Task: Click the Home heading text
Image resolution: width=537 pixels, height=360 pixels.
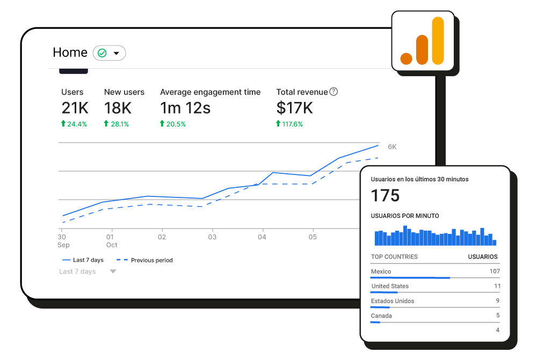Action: [70, 53]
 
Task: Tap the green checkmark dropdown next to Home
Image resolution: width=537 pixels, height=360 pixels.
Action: [110, 53]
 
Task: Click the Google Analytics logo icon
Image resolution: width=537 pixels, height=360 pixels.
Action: [423, 41]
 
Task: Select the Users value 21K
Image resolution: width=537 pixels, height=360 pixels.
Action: [75, 108]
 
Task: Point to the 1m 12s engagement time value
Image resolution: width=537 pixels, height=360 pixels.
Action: [185, 108]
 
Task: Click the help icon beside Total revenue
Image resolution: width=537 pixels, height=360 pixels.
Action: [333, 92]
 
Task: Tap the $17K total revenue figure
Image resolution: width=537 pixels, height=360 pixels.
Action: [294, 108]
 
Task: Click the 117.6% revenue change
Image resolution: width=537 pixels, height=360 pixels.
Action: [293, 124]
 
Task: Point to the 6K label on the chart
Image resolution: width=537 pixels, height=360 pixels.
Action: [392, 147]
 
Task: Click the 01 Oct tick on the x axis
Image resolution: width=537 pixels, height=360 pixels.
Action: [111, 240]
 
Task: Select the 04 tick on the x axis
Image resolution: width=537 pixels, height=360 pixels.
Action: [262, 237]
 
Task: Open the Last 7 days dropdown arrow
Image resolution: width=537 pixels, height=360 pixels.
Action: [113, 271]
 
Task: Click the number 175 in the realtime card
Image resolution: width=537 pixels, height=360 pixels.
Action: [386, 196]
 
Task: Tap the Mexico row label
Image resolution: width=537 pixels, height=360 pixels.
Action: [381, 271]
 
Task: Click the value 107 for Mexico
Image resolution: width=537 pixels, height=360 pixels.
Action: [494, 271]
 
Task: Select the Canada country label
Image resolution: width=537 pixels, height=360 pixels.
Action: [381, 315]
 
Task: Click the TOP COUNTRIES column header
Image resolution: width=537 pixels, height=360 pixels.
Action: [394, 257]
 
